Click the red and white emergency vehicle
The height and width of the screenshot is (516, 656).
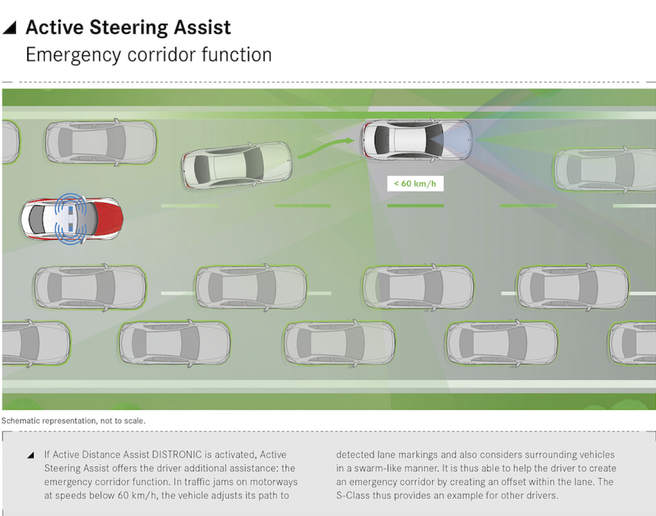[72, 219]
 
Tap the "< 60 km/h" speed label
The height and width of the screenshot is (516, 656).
[415, 183]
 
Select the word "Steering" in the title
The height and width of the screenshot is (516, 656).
[129, 28]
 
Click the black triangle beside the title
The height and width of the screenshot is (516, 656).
[10, 28]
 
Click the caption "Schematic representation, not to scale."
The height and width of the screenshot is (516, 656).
[73, 421]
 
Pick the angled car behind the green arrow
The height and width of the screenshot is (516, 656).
[237, 165]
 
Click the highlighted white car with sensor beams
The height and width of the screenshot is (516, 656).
[416, 140]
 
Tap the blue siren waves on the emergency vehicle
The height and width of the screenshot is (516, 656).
[70, 219]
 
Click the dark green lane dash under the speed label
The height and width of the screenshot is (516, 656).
[415, 206]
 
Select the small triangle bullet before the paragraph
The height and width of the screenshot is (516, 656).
[31, 455]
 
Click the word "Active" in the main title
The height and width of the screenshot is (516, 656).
[55, 28]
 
